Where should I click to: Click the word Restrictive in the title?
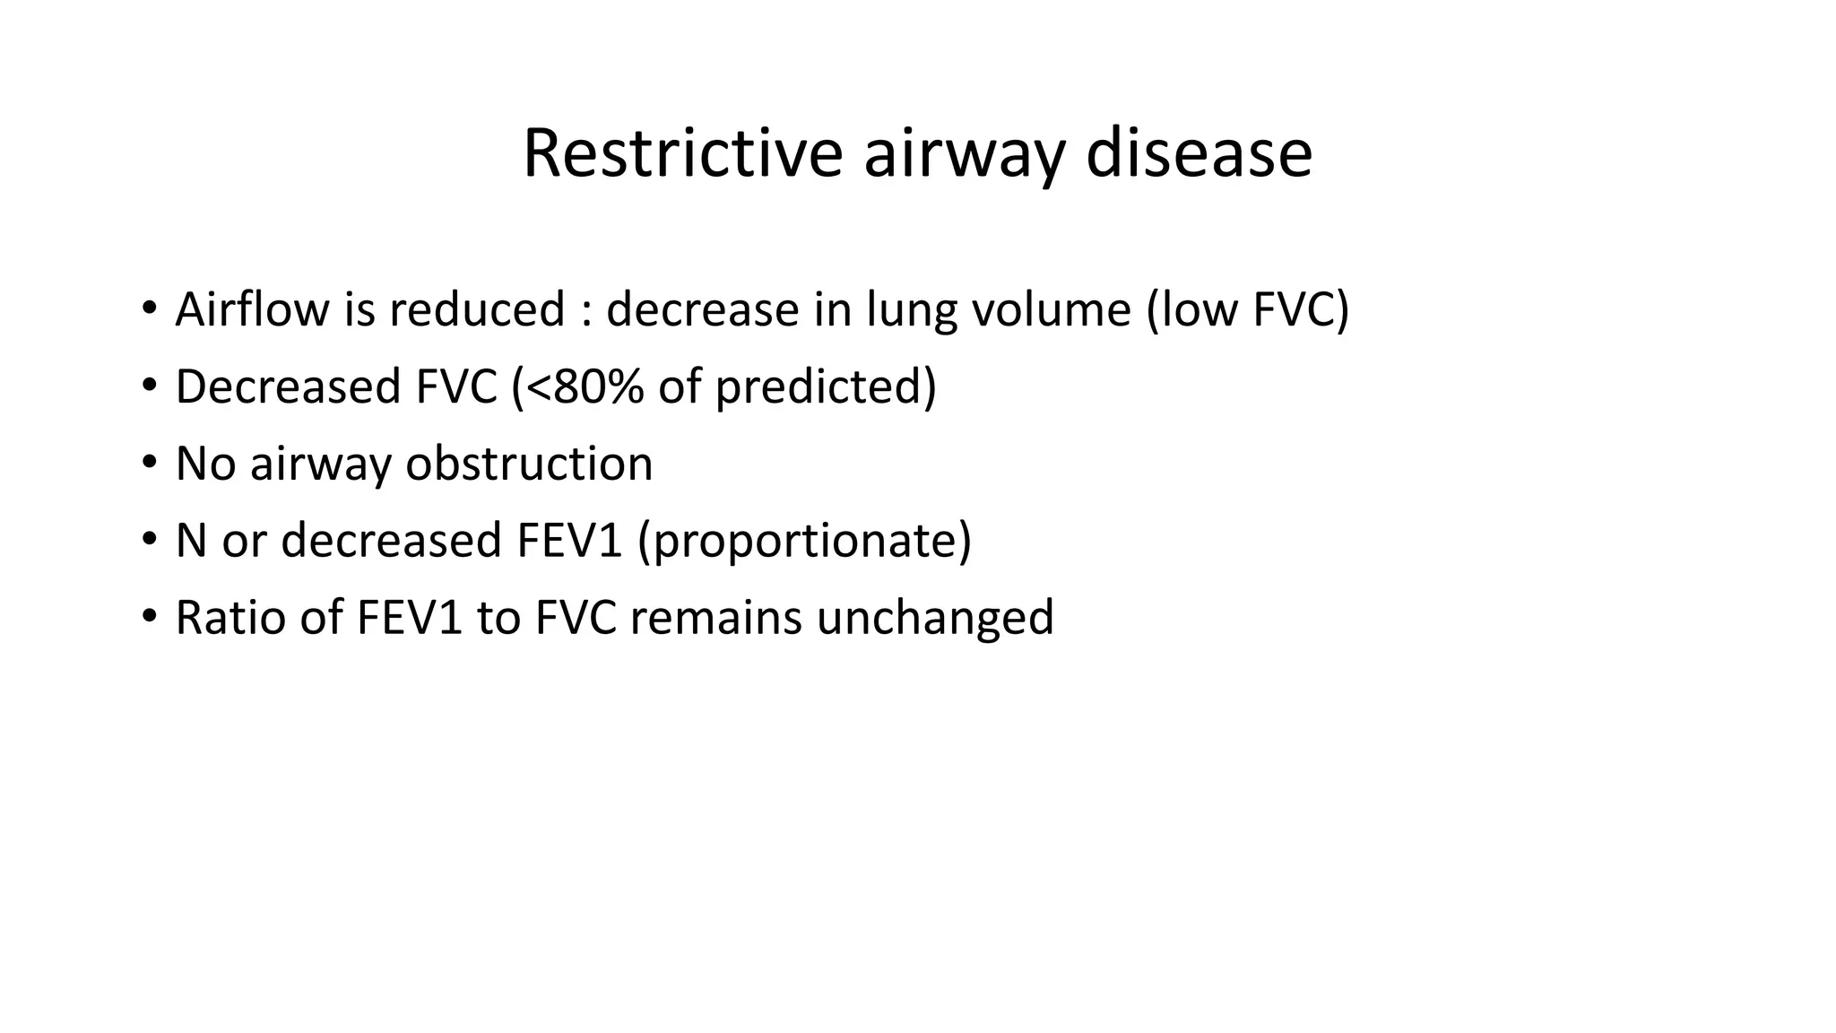(x=682, y=153)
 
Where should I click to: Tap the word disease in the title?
(x=1199, y=153)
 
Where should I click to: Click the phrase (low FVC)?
(x=1248, y=309)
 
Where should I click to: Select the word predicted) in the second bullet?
(x=826, y=386)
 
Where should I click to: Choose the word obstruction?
(x=529, y=464)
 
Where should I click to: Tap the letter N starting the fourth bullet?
(x=191, y=541)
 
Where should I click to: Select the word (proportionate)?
(x=804, y=541)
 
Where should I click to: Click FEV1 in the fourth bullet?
(x=569, y=541)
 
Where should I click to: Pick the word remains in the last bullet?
(x=715, y=618)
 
